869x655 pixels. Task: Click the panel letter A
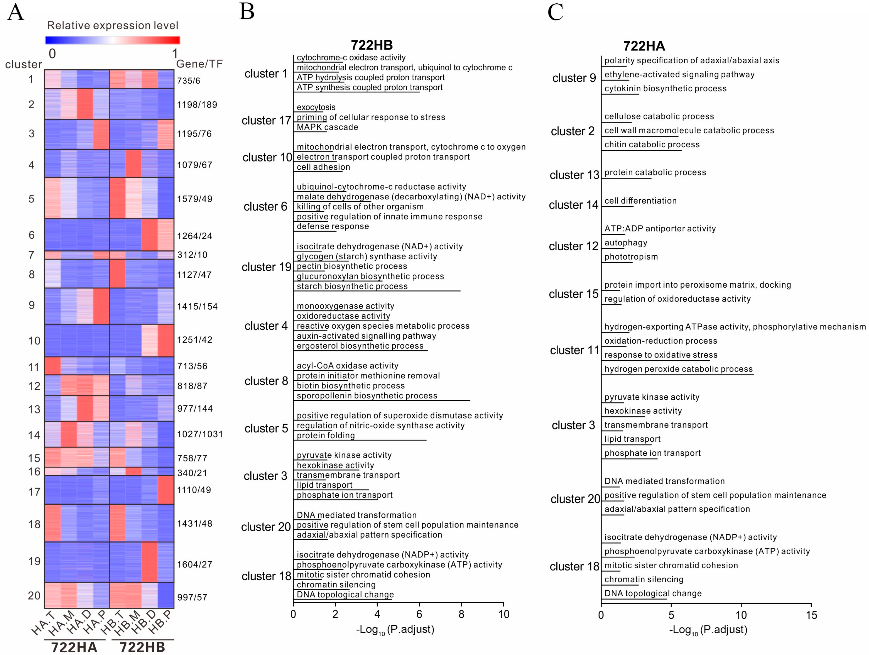click(x=16, y=12)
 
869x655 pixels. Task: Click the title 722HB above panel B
click(x=371, y=45)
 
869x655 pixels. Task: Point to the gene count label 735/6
click(x=189, y=81)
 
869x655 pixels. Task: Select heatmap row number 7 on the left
click(x=31, y=255)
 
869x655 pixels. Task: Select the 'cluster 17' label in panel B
click(x=266, y=121)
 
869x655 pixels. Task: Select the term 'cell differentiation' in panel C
click(x=640, y=201)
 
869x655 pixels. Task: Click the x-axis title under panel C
click(x=708, y=630)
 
